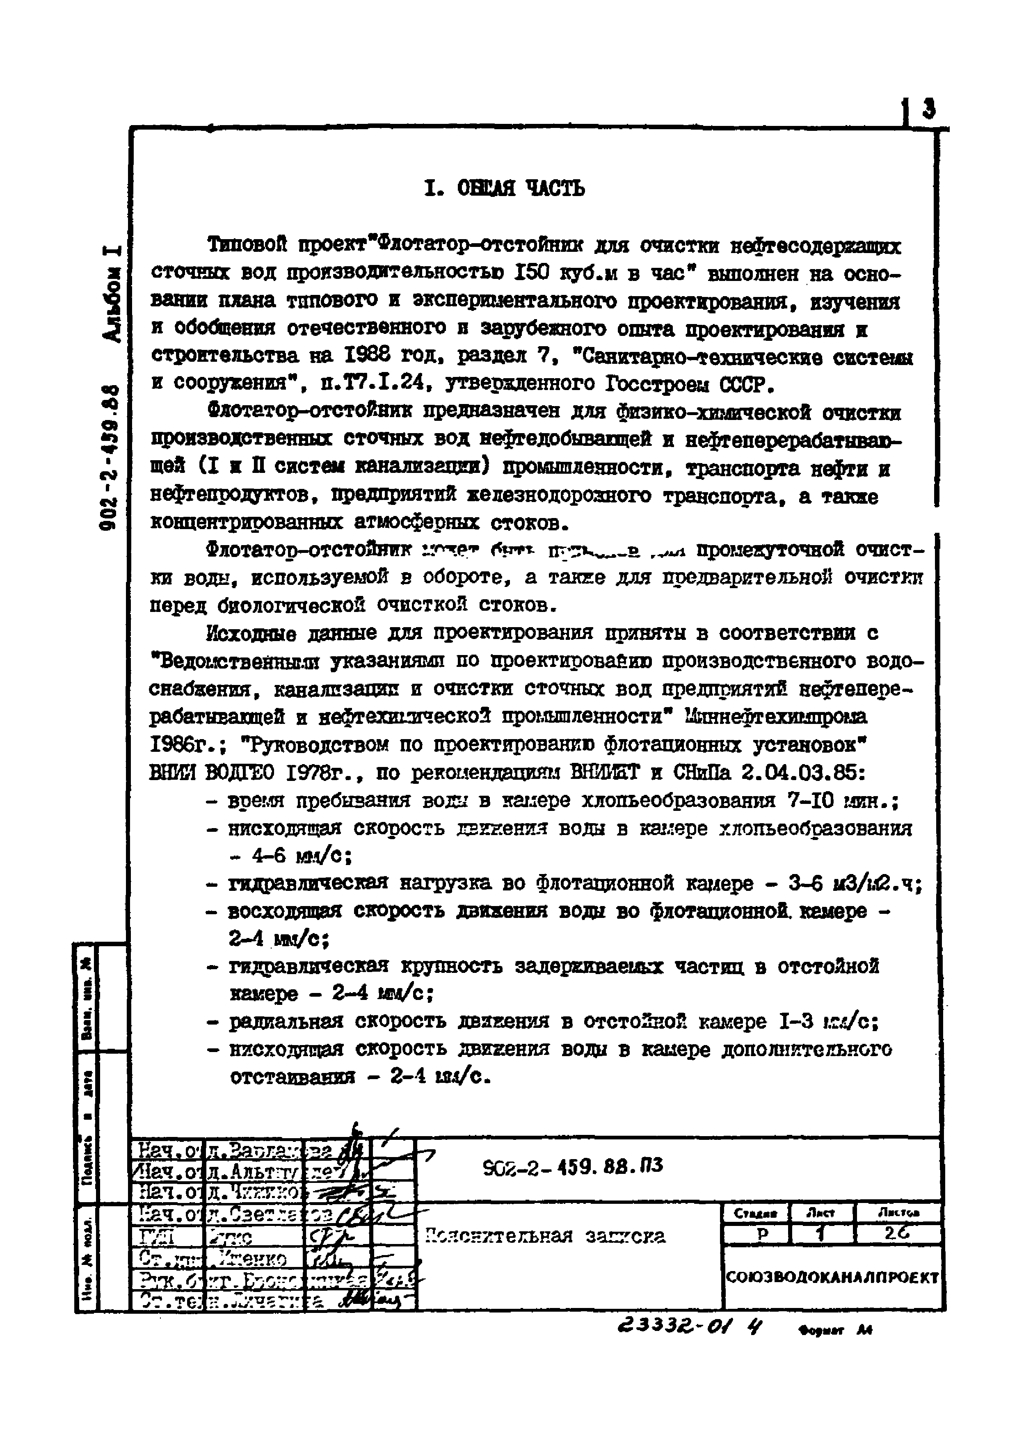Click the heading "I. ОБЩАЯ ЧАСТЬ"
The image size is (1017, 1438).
click(x=504, y=187)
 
